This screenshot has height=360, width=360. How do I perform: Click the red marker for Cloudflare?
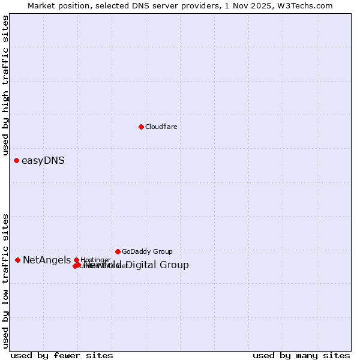tap(141, 127)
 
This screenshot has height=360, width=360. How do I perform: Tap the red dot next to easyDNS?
tap(17, 160)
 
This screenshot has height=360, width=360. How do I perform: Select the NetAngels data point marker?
tap(18, 260)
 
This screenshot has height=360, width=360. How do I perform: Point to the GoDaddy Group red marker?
tap(118, 251)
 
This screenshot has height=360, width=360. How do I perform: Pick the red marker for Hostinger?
tap(76, 260)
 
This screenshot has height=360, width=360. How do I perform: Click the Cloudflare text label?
tap(161, 127)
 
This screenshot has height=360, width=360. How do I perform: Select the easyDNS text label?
tap(43, 161)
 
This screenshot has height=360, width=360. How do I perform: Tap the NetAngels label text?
tap(47, 260)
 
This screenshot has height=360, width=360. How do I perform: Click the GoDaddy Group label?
tap(147, 252)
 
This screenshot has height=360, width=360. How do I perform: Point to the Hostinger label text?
tap(95, 260)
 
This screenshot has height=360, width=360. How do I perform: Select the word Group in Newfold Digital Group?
tap(175, 265)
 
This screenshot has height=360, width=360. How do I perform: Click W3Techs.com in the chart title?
tap(307, 6)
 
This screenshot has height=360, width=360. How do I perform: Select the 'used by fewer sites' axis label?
tap(62, 355)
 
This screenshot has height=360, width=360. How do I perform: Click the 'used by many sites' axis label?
tap(301, 355)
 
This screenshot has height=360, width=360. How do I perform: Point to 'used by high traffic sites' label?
tap(6, 86)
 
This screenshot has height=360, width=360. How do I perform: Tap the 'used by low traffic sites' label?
tap(6, 280)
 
